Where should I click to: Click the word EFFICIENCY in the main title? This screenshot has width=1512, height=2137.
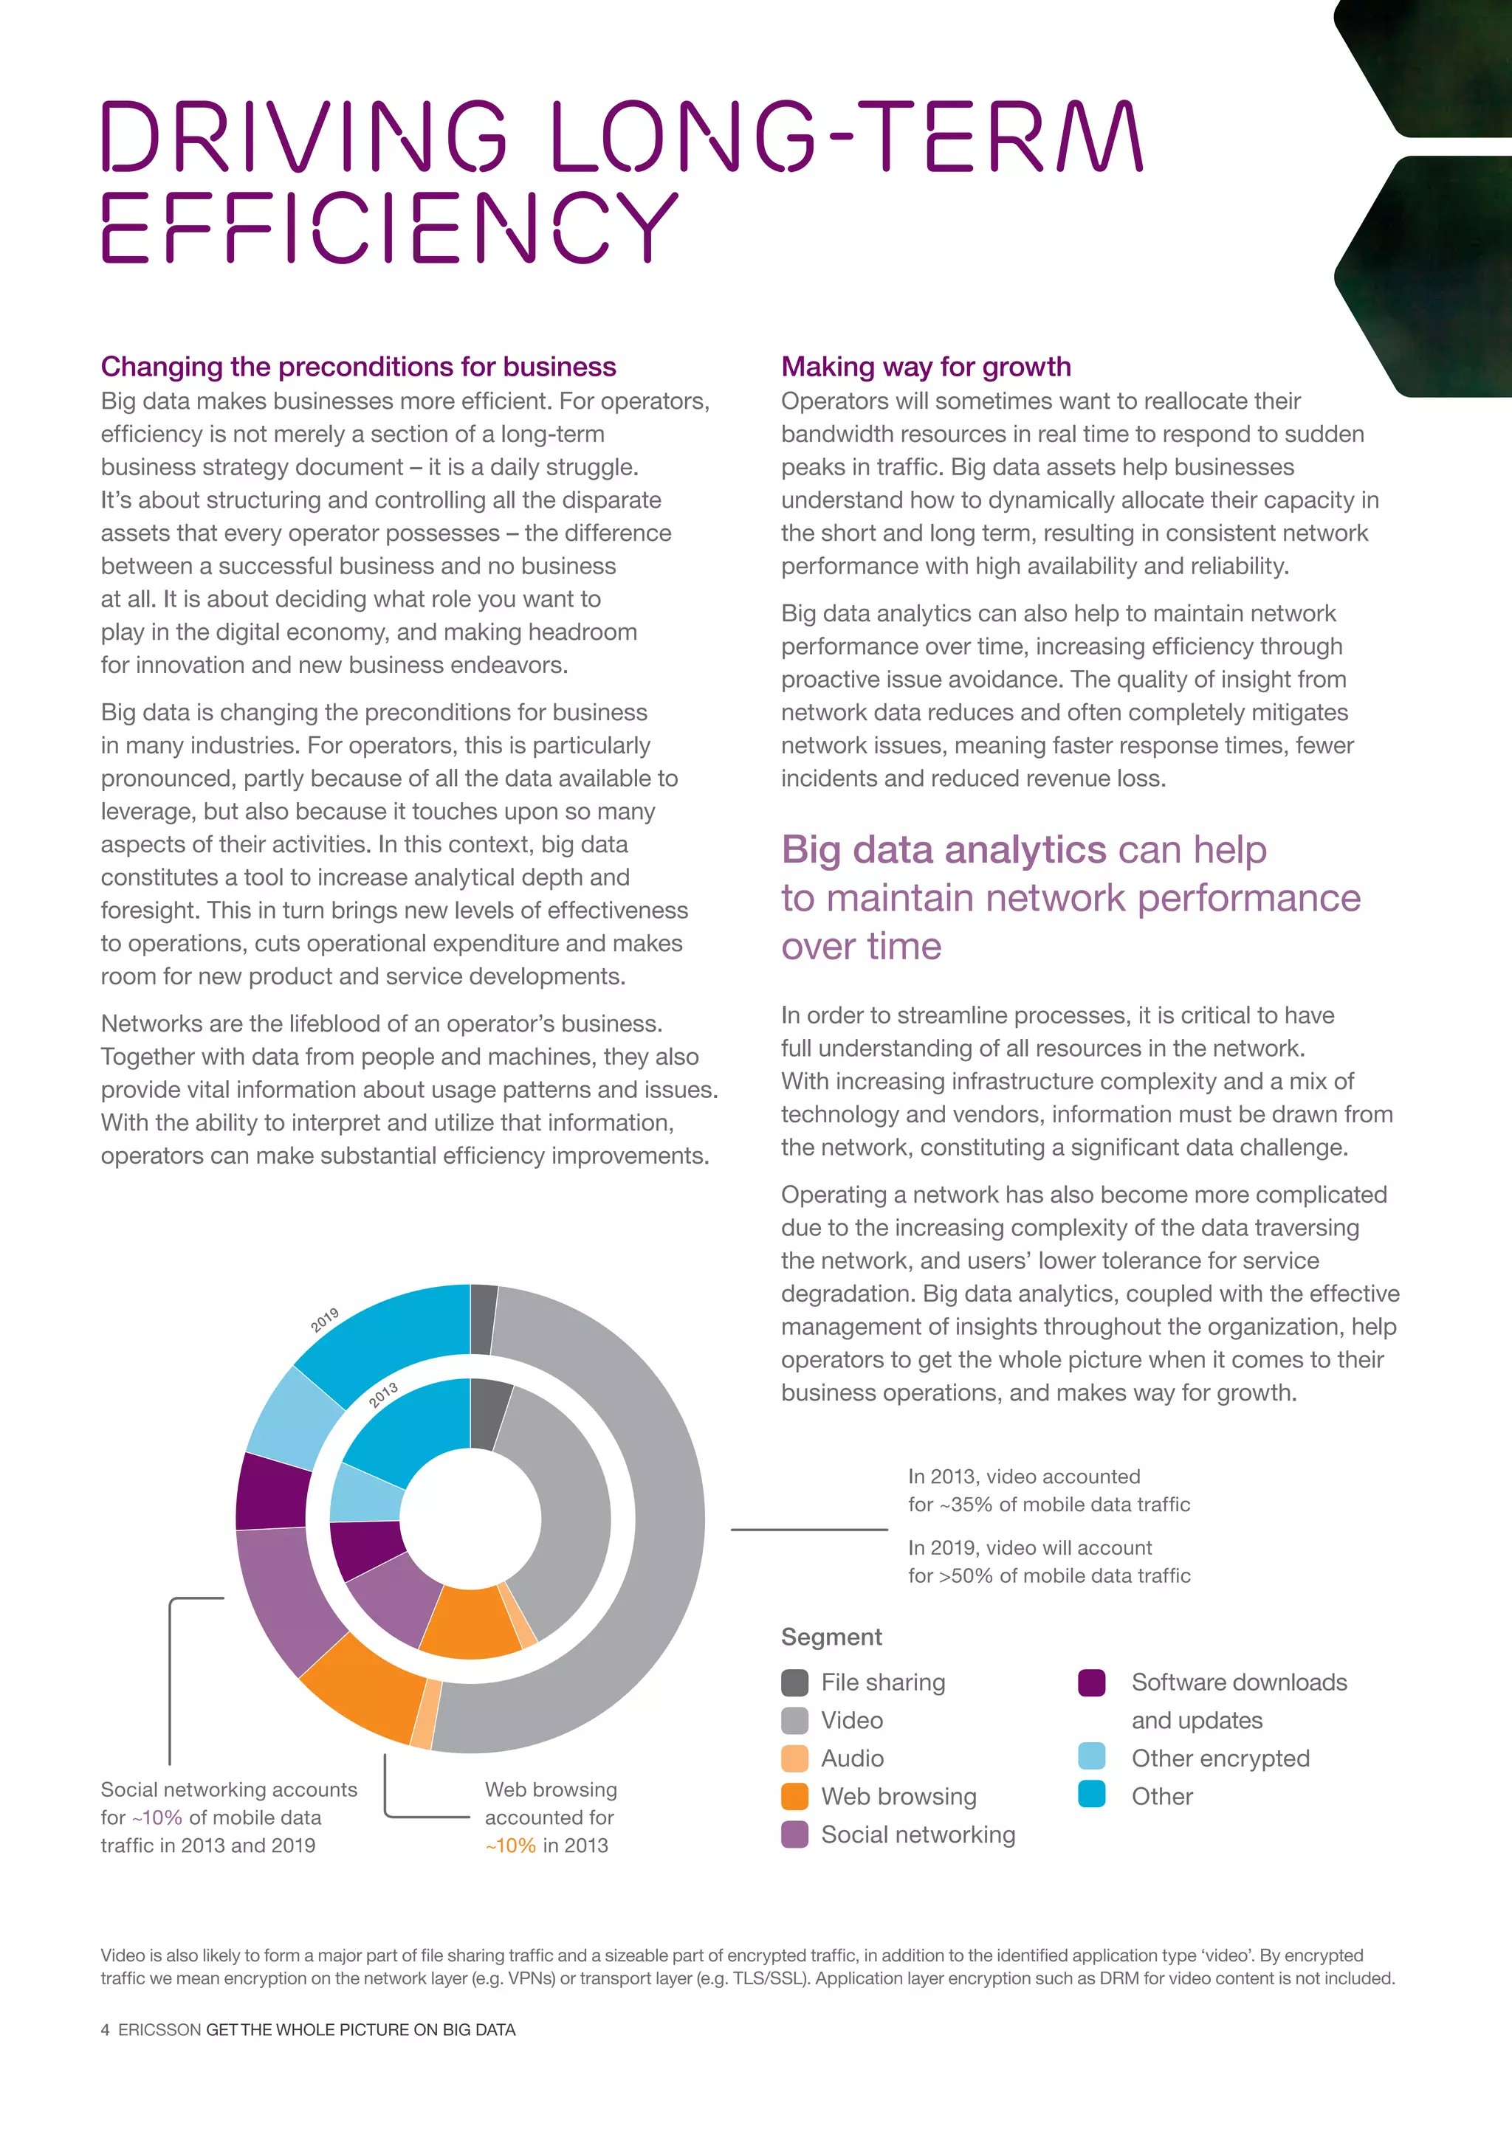389,228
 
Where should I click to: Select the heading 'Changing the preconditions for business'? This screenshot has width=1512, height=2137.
359,367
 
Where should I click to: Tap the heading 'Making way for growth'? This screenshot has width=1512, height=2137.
926,367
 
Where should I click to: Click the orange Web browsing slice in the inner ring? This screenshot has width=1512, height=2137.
470,1623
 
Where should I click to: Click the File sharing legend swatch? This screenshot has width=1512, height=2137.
794,1682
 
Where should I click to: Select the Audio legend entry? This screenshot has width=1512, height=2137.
852,1759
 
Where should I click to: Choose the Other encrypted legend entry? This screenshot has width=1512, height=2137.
1220,1759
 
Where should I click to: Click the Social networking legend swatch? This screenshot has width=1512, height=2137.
794,1834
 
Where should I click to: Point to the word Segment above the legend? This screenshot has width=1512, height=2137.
831,1637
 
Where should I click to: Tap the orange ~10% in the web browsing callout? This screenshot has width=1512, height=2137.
510,1846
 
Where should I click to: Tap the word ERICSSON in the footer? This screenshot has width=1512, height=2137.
159,2030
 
